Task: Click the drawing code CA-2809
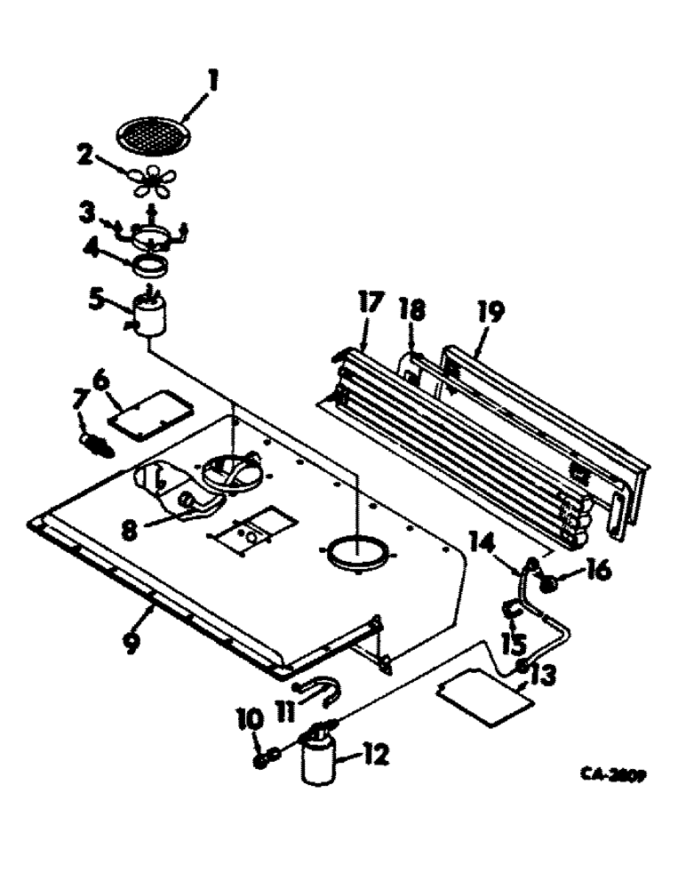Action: pyautogui.click(x=612, y=774)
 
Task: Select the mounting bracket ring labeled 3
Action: pyautogui.click(x=152, y=235)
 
